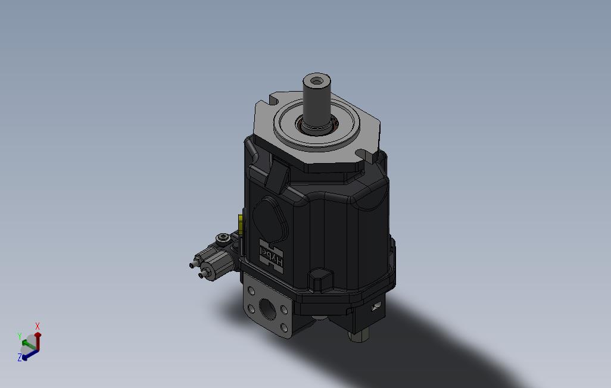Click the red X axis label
pyautogui.click(x=38, y=326)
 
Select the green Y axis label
pyautogui.click(x=20, y=336)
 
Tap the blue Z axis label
pyautogui.click(x=20, y=357)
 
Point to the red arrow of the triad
pyautogui.click(x=38, y=339)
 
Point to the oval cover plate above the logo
pyautogui.click(x=270, y=217)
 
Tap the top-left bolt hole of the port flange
pyautogui.click(x=251, y=292)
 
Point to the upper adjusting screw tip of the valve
pyautogui.click(x=192, y=264)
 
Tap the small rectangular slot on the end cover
pyautogui.click(x=375, y=307)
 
